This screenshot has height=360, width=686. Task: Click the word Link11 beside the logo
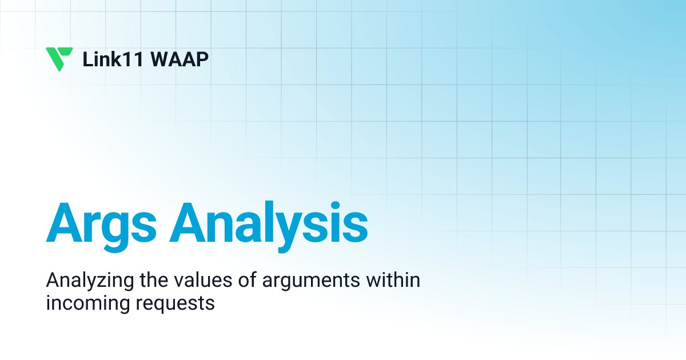[x=113, y=59]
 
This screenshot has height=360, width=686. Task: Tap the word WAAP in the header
[x=180, y=59]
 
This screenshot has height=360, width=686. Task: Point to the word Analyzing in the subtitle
[x=90, y=281]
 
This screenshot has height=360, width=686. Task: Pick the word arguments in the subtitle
[x=311, y=282]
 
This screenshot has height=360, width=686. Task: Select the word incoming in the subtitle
[x=88, y=303]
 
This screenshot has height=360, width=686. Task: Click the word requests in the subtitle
[x=175, y=305]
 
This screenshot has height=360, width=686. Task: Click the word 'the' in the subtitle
[x=154, y=279]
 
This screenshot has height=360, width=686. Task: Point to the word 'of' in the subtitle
[x=248, y=279]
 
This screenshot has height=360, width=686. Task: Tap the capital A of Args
[x=64, y=222]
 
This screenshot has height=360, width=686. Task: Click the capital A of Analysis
[x=188, y=222]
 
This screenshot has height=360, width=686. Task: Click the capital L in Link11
[x=87, y=59]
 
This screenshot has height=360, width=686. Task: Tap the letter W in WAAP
[x=161, y=59]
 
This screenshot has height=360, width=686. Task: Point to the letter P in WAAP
[x=203, y=59]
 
